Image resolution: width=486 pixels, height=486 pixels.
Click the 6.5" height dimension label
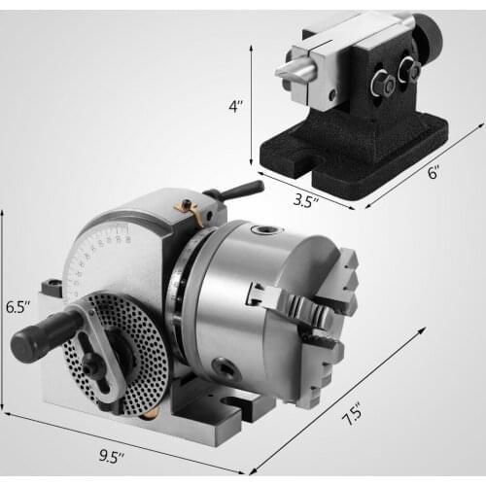tap(18, 307)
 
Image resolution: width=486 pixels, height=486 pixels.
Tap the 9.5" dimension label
tap(112, 457)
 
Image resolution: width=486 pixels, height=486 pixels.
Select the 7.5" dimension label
tap(352, 414)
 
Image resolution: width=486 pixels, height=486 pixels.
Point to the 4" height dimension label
tap(236, 106)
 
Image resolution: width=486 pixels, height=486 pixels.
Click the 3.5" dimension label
tap(306, 201)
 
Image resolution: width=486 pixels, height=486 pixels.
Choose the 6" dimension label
tap(434, 172)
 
